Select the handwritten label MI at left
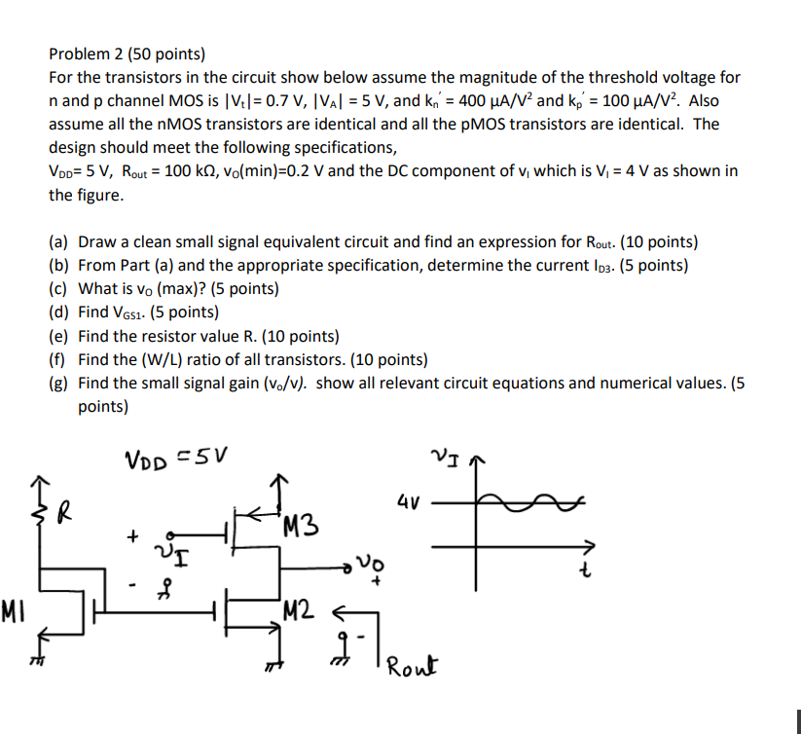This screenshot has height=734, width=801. click(x=14, y=613)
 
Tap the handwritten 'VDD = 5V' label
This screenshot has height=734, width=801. click(x=176, y=458)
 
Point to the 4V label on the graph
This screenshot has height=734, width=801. click(x=410, y=504)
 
